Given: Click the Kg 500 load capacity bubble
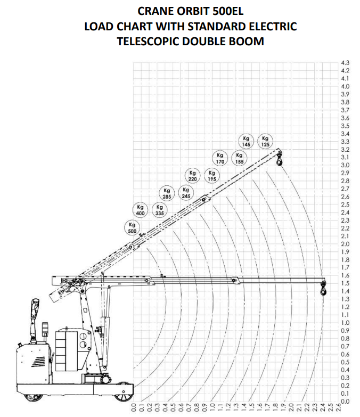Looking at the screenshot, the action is [x=132, y=228].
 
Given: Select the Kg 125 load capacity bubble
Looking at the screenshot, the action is [x=265, y=141].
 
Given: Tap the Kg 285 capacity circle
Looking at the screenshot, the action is [x=167, y=193].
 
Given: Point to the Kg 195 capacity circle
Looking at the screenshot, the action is [x=212, y=176].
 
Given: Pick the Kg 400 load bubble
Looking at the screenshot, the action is [x=140, y=210].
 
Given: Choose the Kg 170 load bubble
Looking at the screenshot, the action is [x=220, y=158].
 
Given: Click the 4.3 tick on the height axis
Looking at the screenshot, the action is [x=345, y=63].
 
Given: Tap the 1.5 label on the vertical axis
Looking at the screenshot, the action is [x=345, y=283].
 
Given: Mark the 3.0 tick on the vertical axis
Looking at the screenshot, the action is [x=345, y=165].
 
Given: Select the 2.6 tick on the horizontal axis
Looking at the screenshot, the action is [x=339, y=407].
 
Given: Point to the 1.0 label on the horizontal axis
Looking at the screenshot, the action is [x=212, y=407].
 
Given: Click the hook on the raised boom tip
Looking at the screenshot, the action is [x=280, y=159].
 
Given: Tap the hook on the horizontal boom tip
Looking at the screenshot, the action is [x=323, y=288].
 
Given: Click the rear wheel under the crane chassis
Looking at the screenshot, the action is [x=33, y=397].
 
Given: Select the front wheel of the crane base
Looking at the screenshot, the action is [x=124, y=392].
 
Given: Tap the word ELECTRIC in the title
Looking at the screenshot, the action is [x=270, y=26].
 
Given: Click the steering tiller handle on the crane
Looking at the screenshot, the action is [x=35, y=308].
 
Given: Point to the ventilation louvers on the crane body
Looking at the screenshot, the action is [x=38, y=362].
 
